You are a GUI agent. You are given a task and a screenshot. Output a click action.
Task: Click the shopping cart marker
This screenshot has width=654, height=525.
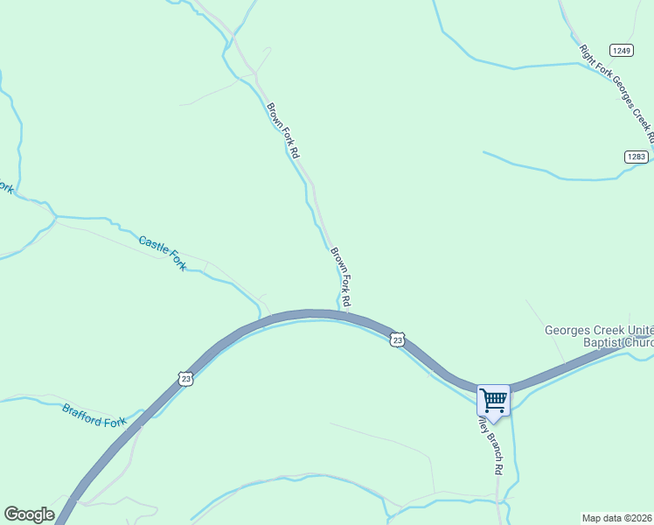point(493,401)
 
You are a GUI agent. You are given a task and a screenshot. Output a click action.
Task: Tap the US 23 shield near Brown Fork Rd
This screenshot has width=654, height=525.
point(398,339)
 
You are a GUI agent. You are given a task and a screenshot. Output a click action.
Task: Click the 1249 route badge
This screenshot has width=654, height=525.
point(622,51)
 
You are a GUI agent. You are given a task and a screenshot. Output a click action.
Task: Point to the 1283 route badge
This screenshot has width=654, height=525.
point(636,157)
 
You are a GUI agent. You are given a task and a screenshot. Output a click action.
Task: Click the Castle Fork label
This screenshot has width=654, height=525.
point(163,252)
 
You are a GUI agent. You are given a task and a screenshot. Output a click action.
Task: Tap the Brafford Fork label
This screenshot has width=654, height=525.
point(94,415)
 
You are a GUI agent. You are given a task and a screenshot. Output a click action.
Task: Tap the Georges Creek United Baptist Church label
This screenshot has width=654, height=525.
point(600,336)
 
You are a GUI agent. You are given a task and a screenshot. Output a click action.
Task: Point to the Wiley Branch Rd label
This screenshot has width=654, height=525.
point(491,446)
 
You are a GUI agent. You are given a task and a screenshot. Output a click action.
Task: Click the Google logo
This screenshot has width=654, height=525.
point(29,514)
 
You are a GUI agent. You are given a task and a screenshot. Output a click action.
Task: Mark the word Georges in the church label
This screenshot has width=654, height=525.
point(568,331)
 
